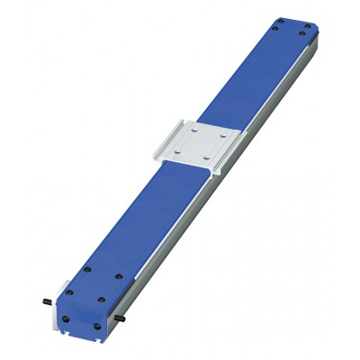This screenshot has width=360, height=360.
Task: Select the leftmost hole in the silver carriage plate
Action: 179,151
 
